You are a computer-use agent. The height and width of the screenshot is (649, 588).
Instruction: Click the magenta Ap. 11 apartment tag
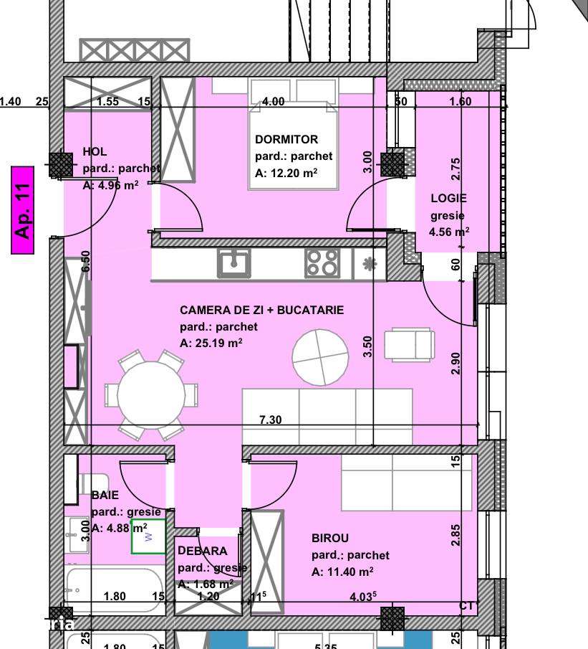(23, 211)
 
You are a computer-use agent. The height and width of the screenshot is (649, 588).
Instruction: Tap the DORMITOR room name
(286, 139)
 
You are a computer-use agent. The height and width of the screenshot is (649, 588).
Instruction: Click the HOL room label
(95, 151)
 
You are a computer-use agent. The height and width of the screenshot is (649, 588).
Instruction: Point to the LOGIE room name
(448, 198)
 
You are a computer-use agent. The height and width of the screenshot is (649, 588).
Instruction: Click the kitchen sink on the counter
(233, 263)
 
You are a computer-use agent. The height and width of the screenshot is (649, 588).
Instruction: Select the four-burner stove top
(322, 263)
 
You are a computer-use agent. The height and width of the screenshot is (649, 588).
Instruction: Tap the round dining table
(151, 395)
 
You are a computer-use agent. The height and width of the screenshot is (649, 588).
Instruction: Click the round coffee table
(321, 356)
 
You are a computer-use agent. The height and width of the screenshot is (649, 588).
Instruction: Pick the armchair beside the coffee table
(410, 344)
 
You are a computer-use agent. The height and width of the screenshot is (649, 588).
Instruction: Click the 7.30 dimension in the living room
(270, 420)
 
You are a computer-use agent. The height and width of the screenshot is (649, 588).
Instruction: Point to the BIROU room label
(330, 538)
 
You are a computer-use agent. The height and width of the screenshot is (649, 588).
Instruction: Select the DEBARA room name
(203, 551)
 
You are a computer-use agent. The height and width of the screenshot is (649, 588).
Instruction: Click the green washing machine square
(148, 536)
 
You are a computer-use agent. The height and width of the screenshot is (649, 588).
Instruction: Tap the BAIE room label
(105, 495)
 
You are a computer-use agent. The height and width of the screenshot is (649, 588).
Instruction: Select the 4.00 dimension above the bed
(273, 102)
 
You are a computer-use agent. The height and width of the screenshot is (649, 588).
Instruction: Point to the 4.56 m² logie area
(449, 232)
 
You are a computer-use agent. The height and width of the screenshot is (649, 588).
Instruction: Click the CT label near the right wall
(467, 607)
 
